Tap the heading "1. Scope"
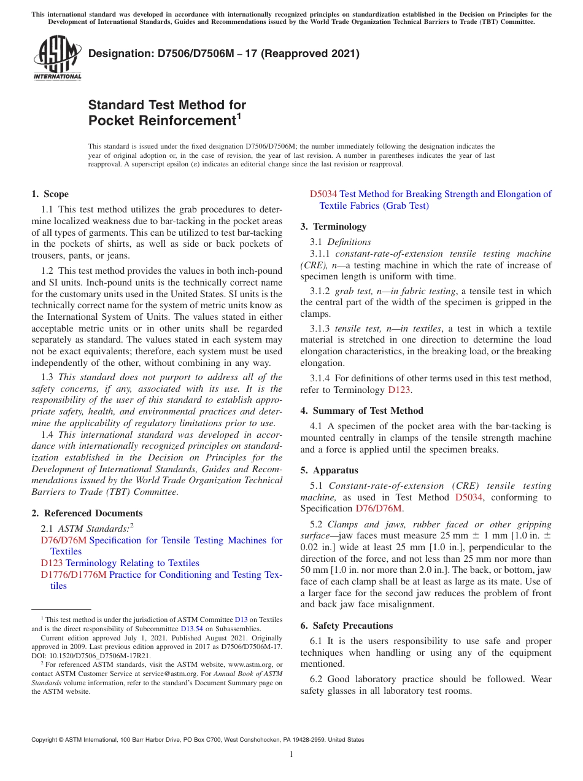point(50,194)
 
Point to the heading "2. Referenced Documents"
point(87,513)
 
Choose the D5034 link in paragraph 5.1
point(469,497)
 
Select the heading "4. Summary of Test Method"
point(361,411)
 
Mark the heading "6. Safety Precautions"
point(346,626)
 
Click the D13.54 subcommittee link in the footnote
point(190,629)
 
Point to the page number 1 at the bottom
point(291,754)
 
